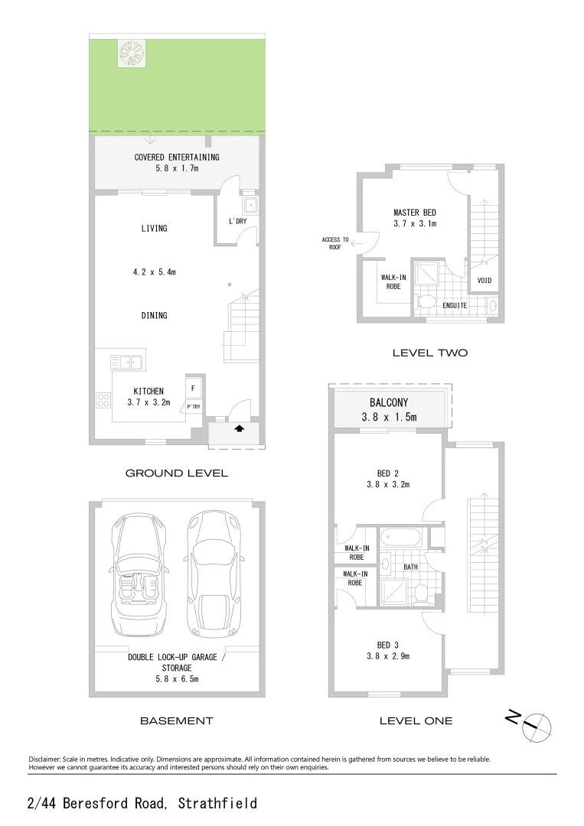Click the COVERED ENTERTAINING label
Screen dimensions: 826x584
177,158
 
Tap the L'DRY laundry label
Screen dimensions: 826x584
237,222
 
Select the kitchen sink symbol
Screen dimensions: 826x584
122,361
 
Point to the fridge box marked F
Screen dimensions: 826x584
192,388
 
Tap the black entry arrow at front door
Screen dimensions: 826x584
239,429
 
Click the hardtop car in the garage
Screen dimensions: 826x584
214,574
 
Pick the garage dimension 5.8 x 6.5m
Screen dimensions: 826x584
177,678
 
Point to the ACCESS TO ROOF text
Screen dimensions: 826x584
334,244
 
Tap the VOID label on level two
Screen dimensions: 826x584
484,281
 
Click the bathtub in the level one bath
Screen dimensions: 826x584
401,538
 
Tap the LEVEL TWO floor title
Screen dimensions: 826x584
429,353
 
